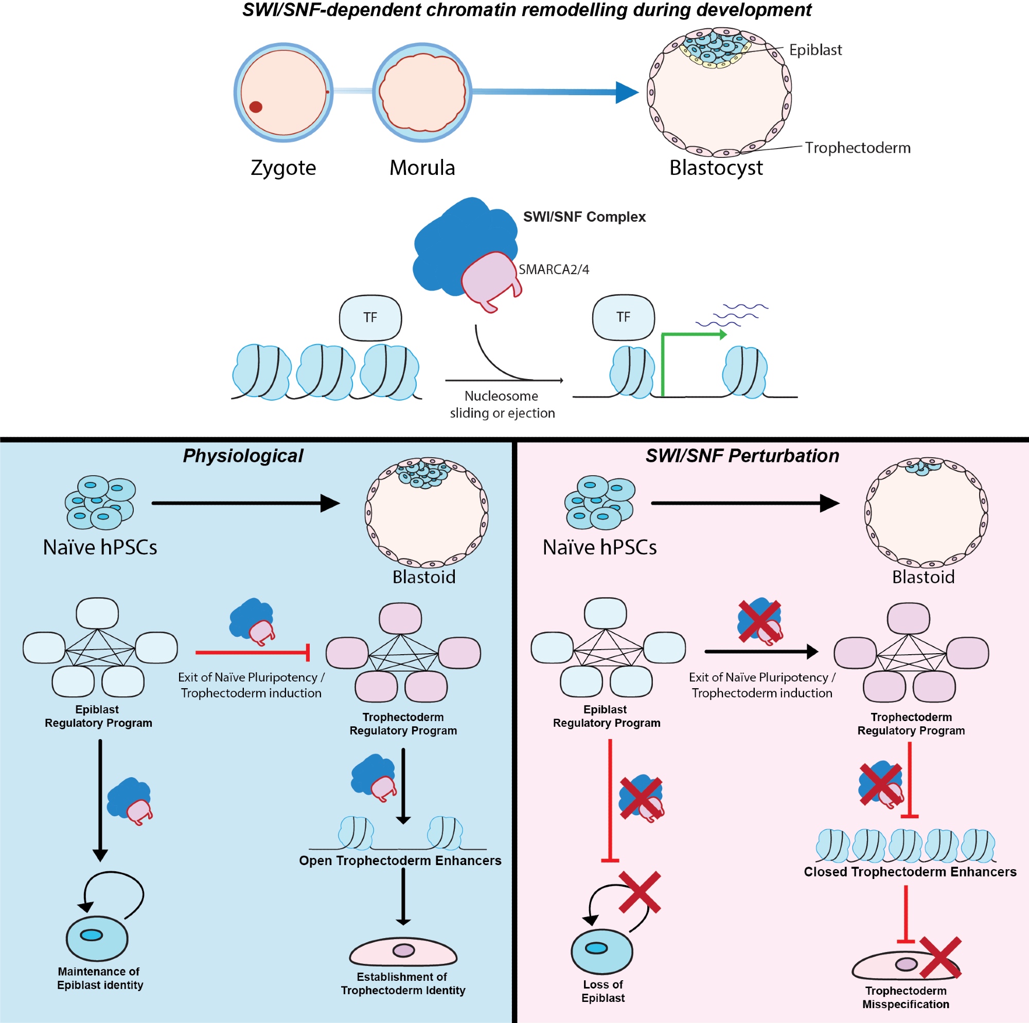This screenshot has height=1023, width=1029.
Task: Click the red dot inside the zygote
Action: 256,107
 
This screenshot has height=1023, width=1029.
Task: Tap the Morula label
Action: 422,168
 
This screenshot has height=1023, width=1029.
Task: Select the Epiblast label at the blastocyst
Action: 815,50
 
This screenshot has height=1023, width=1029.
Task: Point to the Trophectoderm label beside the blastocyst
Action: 858,148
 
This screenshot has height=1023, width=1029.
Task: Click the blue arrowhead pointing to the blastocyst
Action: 626,92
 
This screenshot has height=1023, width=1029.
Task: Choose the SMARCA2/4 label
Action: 554,270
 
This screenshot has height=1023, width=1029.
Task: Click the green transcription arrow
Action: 693,335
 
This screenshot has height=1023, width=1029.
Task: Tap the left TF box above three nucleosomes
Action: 370,318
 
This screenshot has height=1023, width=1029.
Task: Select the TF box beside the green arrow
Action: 623,317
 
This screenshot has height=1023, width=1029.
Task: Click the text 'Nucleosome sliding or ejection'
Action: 502,404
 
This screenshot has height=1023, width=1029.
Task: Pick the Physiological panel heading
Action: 243,456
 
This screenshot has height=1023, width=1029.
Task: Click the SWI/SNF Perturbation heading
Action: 742,456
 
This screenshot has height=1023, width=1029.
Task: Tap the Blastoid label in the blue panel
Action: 424,577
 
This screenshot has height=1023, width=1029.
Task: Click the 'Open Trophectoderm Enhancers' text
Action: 400,860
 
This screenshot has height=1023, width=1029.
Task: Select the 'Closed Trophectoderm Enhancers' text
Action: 910,872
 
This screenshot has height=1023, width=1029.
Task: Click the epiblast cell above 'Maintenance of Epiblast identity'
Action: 97,938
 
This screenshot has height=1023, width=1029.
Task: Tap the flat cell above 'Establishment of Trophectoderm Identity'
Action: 403,952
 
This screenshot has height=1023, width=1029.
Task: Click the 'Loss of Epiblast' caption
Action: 603,991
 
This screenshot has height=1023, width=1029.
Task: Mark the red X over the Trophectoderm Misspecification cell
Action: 940,958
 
